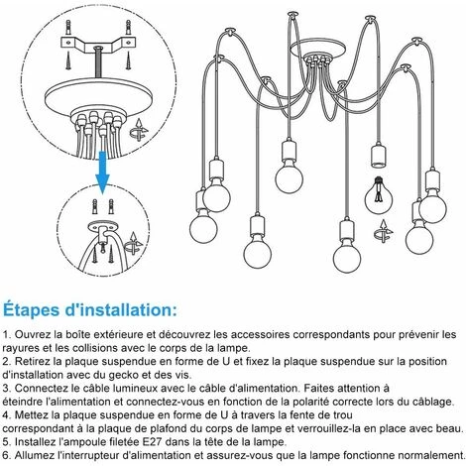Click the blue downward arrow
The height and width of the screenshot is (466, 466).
102,172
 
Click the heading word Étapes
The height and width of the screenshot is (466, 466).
32,310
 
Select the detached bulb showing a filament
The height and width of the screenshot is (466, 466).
379,195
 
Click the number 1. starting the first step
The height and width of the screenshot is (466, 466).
7,334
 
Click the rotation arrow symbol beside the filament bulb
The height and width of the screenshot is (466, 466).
384,231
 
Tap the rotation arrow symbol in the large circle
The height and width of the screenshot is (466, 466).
139,130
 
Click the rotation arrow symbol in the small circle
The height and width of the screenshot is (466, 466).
133,244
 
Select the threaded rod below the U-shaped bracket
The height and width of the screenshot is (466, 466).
98,62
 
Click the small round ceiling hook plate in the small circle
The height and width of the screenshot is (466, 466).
103,227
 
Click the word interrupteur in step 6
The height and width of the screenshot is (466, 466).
88,455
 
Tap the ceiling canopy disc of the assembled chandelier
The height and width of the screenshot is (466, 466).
318,49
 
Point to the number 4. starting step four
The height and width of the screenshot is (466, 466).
7,415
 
